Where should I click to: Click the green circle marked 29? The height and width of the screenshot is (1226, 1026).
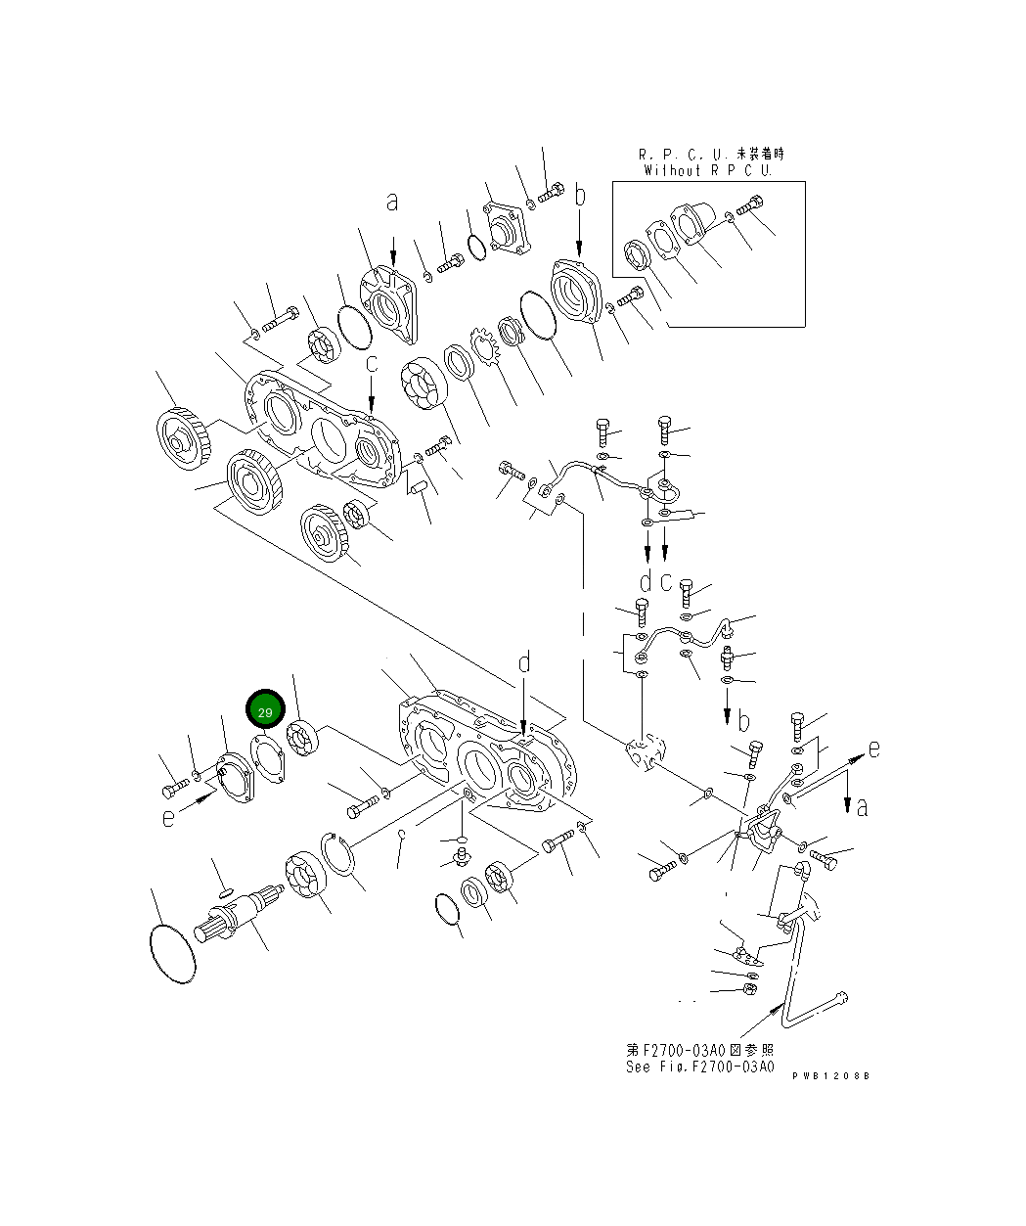tap(265, 712)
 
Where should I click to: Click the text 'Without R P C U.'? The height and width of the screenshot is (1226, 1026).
tap(708, 170)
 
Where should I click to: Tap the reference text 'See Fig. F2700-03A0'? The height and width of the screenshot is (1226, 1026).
tap(700, 1067)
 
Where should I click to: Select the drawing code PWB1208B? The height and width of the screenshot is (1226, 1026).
tap(830, 1075)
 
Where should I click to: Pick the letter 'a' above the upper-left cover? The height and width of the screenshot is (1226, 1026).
tap(392, 203)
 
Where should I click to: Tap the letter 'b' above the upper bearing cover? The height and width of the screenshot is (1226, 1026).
tap(580, 196)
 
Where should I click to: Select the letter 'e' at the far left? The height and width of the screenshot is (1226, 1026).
tap(168, 816)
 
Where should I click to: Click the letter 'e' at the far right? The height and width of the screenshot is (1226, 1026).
tap(873, 749)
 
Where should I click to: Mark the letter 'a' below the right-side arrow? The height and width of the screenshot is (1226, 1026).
tap(862, 807)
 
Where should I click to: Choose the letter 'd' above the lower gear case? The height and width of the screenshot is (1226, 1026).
tap(524, 663)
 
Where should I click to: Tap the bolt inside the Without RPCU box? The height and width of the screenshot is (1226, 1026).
tap(750, 207)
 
